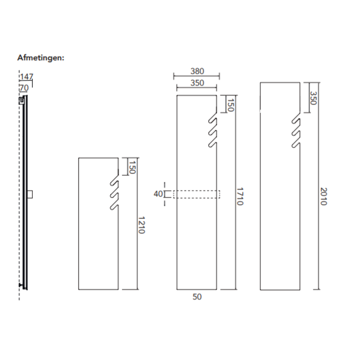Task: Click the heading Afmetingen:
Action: [41, 57]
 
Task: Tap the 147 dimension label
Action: [26, 78]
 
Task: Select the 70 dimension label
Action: [24, 88]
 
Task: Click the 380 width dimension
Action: [197, 71]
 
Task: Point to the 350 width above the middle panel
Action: [197, 83]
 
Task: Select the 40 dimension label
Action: [158, 194]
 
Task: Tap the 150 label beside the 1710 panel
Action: [230, 105]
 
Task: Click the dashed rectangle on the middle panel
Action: [197, 194]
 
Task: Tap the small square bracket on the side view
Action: [31, 194]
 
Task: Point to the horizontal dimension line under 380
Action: [197, 76]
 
